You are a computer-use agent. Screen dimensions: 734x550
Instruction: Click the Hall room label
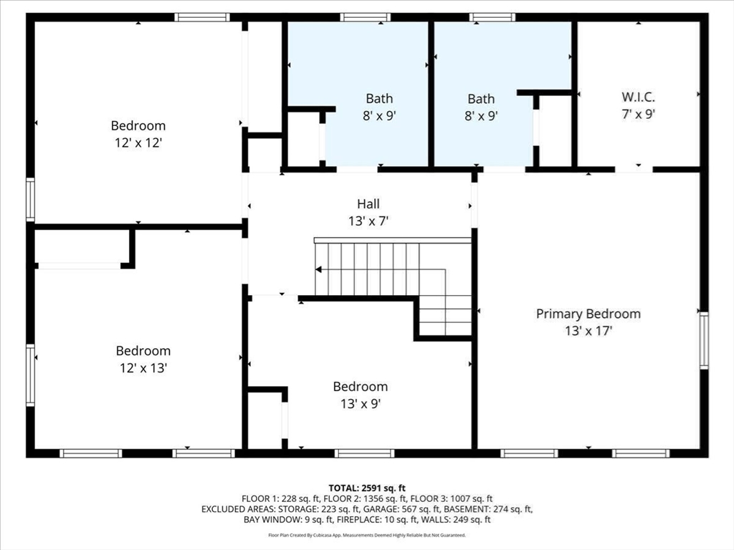(x=368, y=204)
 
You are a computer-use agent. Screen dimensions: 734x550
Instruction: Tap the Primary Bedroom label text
(x=588, y=314)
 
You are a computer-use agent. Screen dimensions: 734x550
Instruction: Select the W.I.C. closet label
(x=638, y=97)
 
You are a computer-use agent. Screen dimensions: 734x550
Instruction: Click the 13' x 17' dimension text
(x=588, y=331)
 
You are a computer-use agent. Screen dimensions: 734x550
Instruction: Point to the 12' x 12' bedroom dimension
(x=138, y=143)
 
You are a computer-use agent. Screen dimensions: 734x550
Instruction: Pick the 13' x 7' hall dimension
(x=368, y=221)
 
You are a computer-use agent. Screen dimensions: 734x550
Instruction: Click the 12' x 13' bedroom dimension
(x=143, y=367)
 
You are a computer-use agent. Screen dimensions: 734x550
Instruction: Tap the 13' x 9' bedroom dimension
(x=361, y=403)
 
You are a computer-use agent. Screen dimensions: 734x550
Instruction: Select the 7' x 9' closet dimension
(x=638, y=114)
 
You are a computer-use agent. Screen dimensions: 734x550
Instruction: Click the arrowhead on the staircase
(x=318, y=269)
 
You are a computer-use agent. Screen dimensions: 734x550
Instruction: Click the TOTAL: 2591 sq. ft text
(x=367, y=488)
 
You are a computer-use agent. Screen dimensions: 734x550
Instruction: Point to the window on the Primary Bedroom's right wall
(x=704, y=340)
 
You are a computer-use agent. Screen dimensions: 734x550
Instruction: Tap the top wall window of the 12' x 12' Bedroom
(x=202, y=17)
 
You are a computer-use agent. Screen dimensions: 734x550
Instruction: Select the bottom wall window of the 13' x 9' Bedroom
(x=365, y=453)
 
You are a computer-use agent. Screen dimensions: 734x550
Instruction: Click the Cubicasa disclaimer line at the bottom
(x=367, y=535)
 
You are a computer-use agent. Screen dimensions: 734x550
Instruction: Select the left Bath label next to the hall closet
(x=379, y=99)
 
